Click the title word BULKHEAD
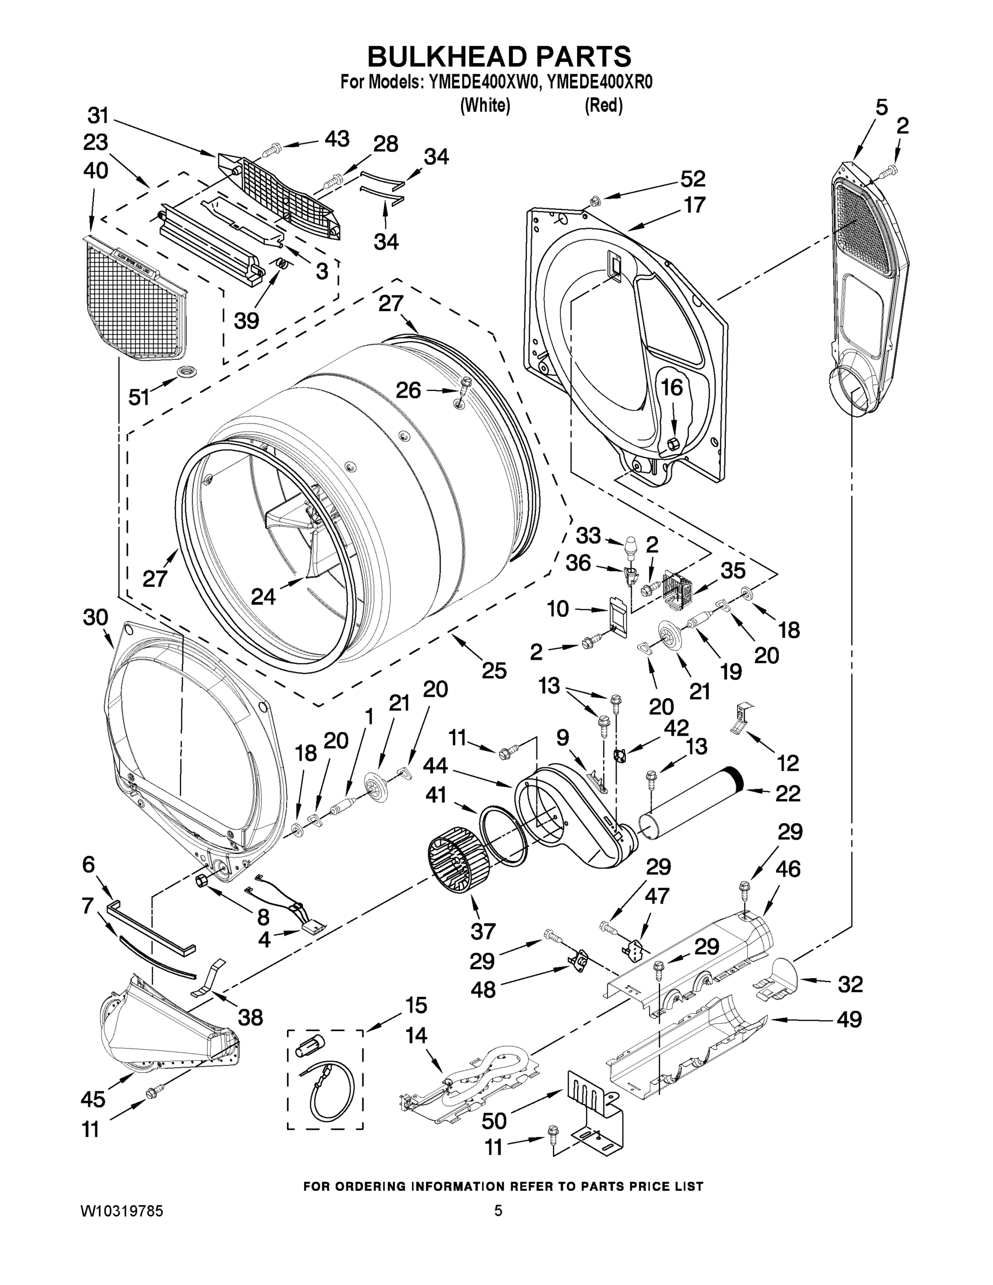point(446,57)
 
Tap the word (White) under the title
point(485,105)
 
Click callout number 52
point(692,179)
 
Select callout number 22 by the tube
point(787,793)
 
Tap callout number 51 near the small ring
point(139,397)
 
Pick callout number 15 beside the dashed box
point(416,1006)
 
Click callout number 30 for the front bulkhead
point(95,618)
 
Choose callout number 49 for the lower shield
point(849,1019)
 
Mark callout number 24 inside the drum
point(263,596)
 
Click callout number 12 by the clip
point(787,763)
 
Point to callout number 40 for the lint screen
point(95,171)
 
